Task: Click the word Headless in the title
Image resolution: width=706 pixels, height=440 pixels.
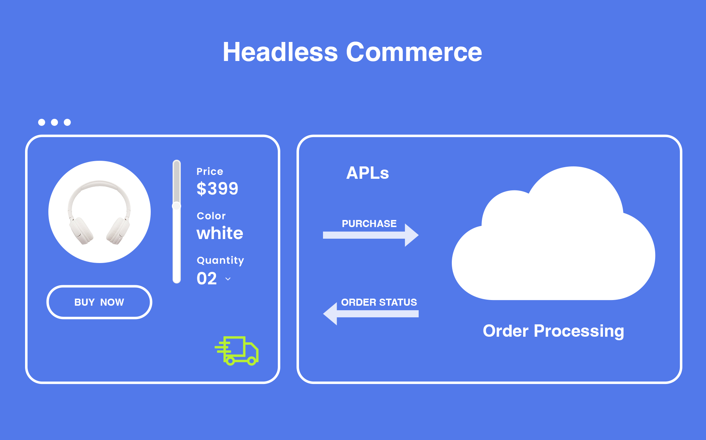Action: click(280, 52)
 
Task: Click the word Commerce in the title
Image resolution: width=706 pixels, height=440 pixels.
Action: click(414, 52)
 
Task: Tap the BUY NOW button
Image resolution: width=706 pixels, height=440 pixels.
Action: click(99, 302)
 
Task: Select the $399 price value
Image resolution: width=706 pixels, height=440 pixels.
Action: click(217, 188)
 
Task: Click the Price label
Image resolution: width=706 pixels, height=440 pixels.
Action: click(210, 171)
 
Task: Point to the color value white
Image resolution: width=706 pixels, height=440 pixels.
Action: click(220, 233)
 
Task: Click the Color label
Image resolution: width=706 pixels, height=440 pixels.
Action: click(211, 216)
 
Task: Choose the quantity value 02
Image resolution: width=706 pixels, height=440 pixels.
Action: click(207, 279)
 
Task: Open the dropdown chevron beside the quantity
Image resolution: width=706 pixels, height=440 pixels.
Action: click(228, 279)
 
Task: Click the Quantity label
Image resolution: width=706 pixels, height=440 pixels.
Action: click(220, 260)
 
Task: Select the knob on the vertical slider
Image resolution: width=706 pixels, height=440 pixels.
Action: click(176, 206)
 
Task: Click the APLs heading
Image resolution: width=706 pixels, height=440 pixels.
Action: click(367, 173)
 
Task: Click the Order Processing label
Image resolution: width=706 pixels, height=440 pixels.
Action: click(553, 331)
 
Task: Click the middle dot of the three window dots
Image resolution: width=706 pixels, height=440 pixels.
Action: click(54, 122)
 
